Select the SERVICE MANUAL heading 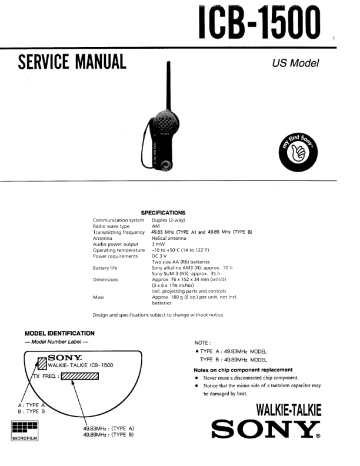[x=72, y=62]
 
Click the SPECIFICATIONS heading [x=163, y=213]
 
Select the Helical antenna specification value [x=167, y=239]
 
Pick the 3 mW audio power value [x=158, y=244]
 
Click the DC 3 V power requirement [x=160, y=256]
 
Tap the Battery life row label [x=105, y=268]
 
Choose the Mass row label [x=98, y=297]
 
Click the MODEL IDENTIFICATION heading [x=60, y=333]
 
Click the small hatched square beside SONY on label [x=42, y=362]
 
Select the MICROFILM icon [x=25, y=431]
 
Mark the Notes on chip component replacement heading [x=243, y=370]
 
